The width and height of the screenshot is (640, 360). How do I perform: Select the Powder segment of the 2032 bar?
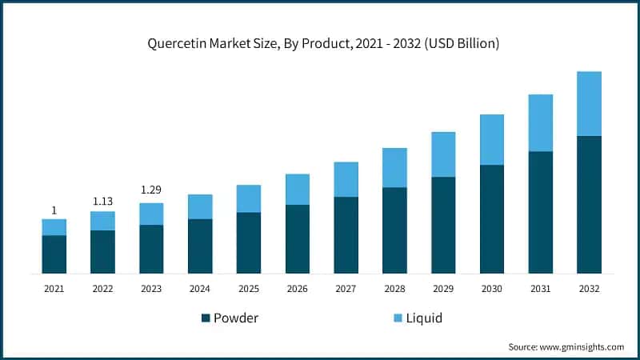click(x=589, y=205)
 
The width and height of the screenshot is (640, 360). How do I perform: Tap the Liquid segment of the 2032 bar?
click(x=589, y=103)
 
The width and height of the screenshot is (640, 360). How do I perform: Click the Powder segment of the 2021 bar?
click(x=54, y=254)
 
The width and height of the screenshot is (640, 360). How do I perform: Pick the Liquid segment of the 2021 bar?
click(x=54, y=227)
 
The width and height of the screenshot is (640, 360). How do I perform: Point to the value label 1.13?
click(x=102, y=202)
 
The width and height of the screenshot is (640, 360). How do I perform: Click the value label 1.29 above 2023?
click(x=151, y=190)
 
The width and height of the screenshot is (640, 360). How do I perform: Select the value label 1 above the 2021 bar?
click(x=54, y=210)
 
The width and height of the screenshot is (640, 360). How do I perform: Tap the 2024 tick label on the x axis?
click(x=200, y=288)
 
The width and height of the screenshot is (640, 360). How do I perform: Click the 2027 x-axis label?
click(x=346, y=288)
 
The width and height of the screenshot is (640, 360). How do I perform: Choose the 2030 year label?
click(x=491, y=288)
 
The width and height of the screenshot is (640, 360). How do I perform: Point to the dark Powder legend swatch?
click(x=206, y=318)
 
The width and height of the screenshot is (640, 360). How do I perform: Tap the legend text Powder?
click(x=236, y=318)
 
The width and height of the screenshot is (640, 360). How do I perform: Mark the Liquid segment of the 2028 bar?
click(x=394, y=168)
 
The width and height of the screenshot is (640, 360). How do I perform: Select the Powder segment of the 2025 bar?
click(x=249, y=243)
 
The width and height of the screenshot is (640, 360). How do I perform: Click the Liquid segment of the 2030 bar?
click(x=491, y=140)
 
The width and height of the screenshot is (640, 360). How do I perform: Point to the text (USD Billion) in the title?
click(x=460, y=44)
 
